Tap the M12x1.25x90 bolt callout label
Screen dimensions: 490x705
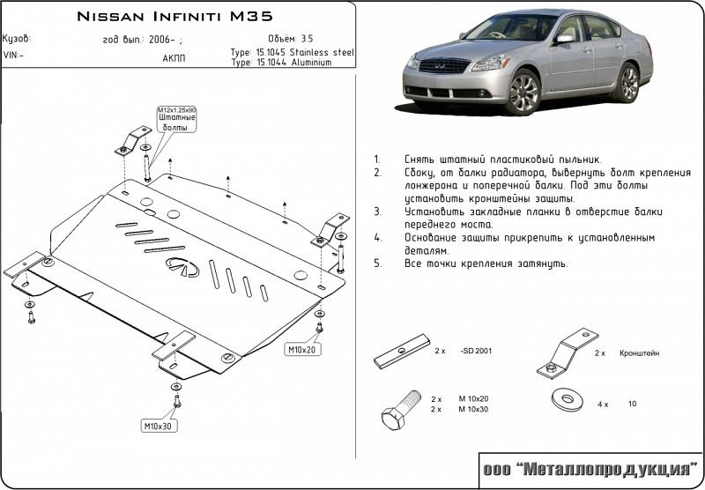click(x=176, y=119)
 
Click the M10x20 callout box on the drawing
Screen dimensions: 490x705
click(x=301, y=350)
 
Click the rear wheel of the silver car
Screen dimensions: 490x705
click(x=628, y=83)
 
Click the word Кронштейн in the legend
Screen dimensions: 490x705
click(x=639, y=353)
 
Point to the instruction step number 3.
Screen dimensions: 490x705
click(x=377, y=212)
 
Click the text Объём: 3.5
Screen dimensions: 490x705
click(x=290, y=39)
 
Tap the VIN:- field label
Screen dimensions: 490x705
click(x=15, y=55)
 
